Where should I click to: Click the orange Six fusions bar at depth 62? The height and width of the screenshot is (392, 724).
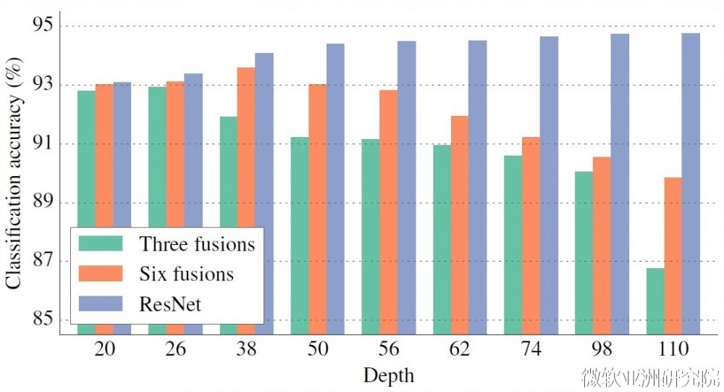tap(460, 225)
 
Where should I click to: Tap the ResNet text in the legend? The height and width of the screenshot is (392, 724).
tap(171, 304)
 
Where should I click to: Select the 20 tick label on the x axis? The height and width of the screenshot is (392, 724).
tap(104, 349)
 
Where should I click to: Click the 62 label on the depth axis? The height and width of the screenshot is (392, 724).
tap(460, 349)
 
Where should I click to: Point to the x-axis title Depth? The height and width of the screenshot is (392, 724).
tap(389, 375)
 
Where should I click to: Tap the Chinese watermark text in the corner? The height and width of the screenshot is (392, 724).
tap(652, 377)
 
